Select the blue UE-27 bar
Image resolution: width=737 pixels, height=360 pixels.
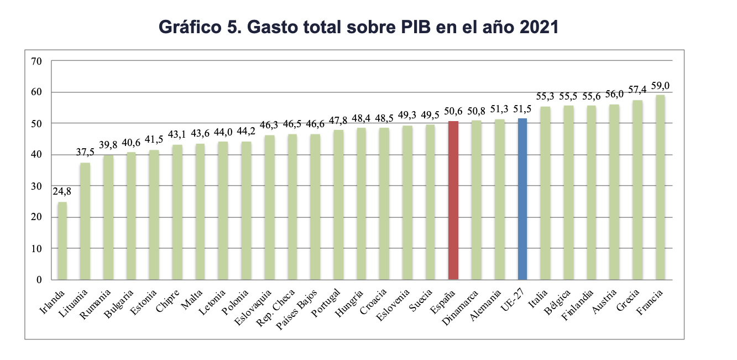tap(522, 199)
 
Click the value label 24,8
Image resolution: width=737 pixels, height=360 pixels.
tap(62, 192)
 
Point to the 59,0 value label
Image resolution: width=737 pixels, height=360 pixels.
tap(660, 85)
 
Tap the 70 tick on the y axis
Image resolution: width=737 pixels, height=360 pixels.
tap(36, 61)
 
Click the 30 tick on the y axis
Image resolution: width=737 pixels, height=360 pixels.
tap(36, 186)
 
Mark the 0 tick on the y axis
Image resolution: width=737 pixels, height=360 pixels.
tap(39, 280)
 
